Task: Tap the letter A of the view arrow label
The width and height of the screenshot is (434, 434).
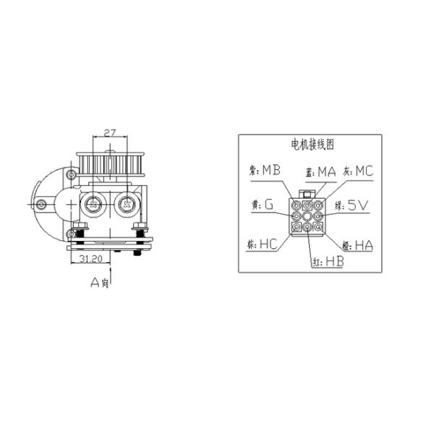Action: tap(95, 283)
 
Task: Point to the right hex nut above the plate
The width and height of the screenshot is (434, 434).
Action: tap(140, 231)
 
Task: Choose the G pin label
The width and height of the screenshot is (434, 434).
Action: tap(268, 205)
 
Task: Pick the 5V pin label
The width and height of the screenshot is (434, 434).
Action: tap(359, 206)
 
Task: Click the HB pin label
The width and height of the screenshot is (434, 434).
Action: tap(333, 260)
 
